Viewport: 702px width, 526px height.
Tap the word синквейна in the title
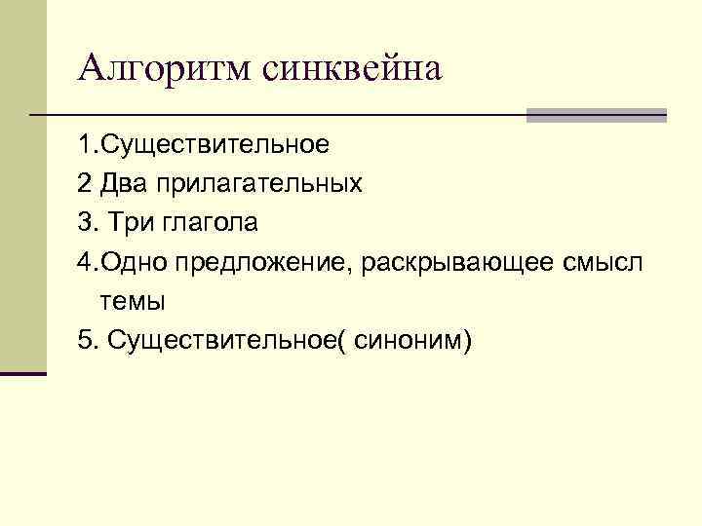tap(352, 69)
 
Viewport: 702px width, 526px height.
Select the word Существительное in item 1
tap(215, 145)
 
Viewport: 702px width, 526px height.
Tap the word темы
tap(132, 302)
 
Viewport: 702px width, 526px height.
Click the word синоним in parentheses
tap(410, 341)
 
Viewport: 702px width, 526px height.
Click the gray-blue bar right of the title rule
tap(596, 115)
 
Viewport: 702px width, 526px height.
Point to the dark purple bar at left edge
tap(23, 373)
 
